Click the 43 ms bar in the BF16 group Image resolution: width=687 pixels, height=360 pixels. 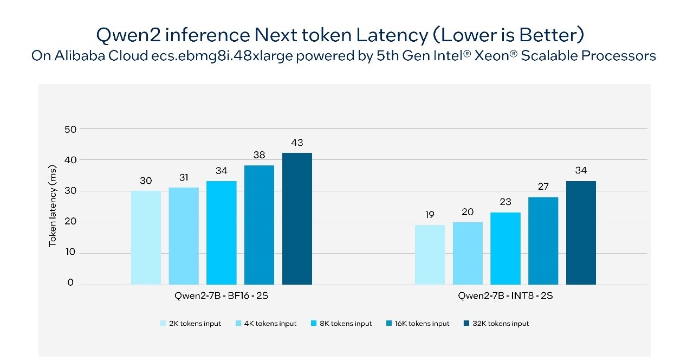point(297,218)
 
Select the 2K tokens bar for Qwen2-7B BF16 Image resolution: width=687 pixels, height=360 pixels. point(146,237)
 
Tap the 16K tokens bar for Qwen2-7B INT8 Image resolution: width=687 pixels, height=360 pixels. point(543,241)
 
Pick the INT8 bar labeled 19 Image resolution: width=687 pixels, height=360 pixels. point(430,254)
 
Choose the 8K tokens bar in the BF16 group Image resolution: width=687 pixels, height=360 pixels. point(222,232)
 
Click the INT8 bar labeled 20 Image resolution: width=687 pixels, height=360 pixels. point(468,253)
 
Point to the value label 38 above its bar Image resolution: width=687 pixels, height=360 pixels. point(259,155)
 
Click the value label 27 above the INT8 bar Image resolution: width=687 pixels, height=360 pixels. point(543,187)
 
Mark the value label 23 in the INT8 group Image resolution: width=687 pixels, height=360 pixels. point(505,202)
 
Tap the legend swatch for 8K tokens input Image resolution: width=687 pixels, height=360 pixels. point(314,324)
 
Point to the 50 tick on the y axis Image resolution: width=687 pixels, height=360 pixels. point(70,129)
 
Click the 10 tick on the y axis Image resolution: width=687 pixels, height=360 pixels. point(70,253)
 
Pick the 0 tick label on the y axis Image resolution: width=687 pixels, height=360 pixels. point(70,283)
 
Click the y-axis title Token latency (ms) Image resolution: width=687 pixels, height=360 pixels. point(53,206)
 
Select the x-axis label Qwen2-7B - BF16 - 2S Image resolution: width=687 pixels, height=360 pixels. point(221,296)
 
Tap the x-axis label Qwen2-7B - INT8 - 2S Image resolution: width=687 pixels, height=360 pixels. point(505,296)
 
